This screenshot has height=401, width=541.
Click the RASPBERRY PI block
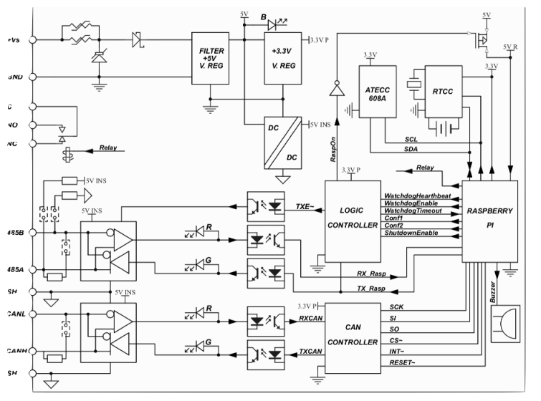(x=490, y=221)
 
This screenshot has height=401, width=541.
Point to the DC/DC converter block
(x=282, y=141)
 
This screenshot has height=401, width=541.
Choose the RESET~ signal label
(x=403, y=364)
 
